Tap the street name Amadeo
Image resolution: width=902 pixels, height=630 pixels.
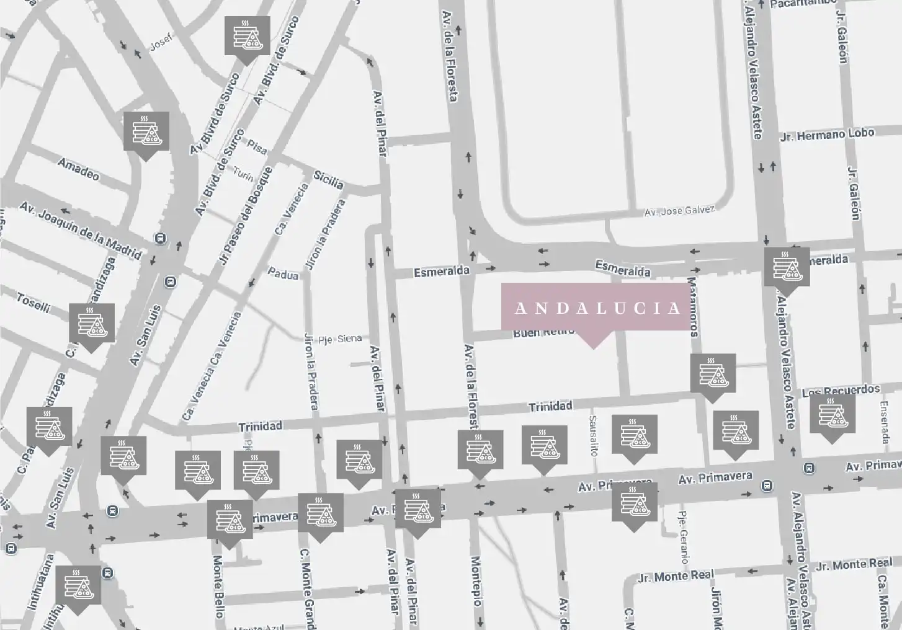[78, 169]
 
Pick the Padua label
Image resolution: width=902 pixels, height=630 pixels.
[283, 273]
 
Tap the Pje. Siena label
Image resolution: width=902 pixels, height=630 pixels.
[339, 339]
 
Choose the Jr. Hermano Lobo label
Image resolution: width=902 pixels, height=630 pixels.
[827, 135]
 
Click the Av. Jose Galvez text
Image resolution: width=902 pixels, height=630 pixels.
[679, 211]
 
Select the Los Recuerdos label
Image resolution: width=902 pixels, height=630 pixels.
[841, 391]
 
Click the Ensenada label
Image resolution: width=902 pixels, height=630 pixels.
[884, 422]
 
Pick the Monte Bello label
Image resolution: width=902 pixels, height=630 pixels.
[218, 586]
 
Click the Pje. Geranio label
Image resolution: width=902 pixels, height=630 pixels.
[683, 536]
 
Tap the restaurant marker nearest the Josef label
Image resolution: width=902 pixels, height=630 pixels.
[247, 38]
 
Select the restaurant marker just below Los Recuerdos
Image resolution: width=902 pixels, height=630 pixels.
[833, 415]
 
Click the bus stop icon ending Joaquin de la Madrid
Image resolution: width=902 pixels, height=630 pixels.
[161, 237]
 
